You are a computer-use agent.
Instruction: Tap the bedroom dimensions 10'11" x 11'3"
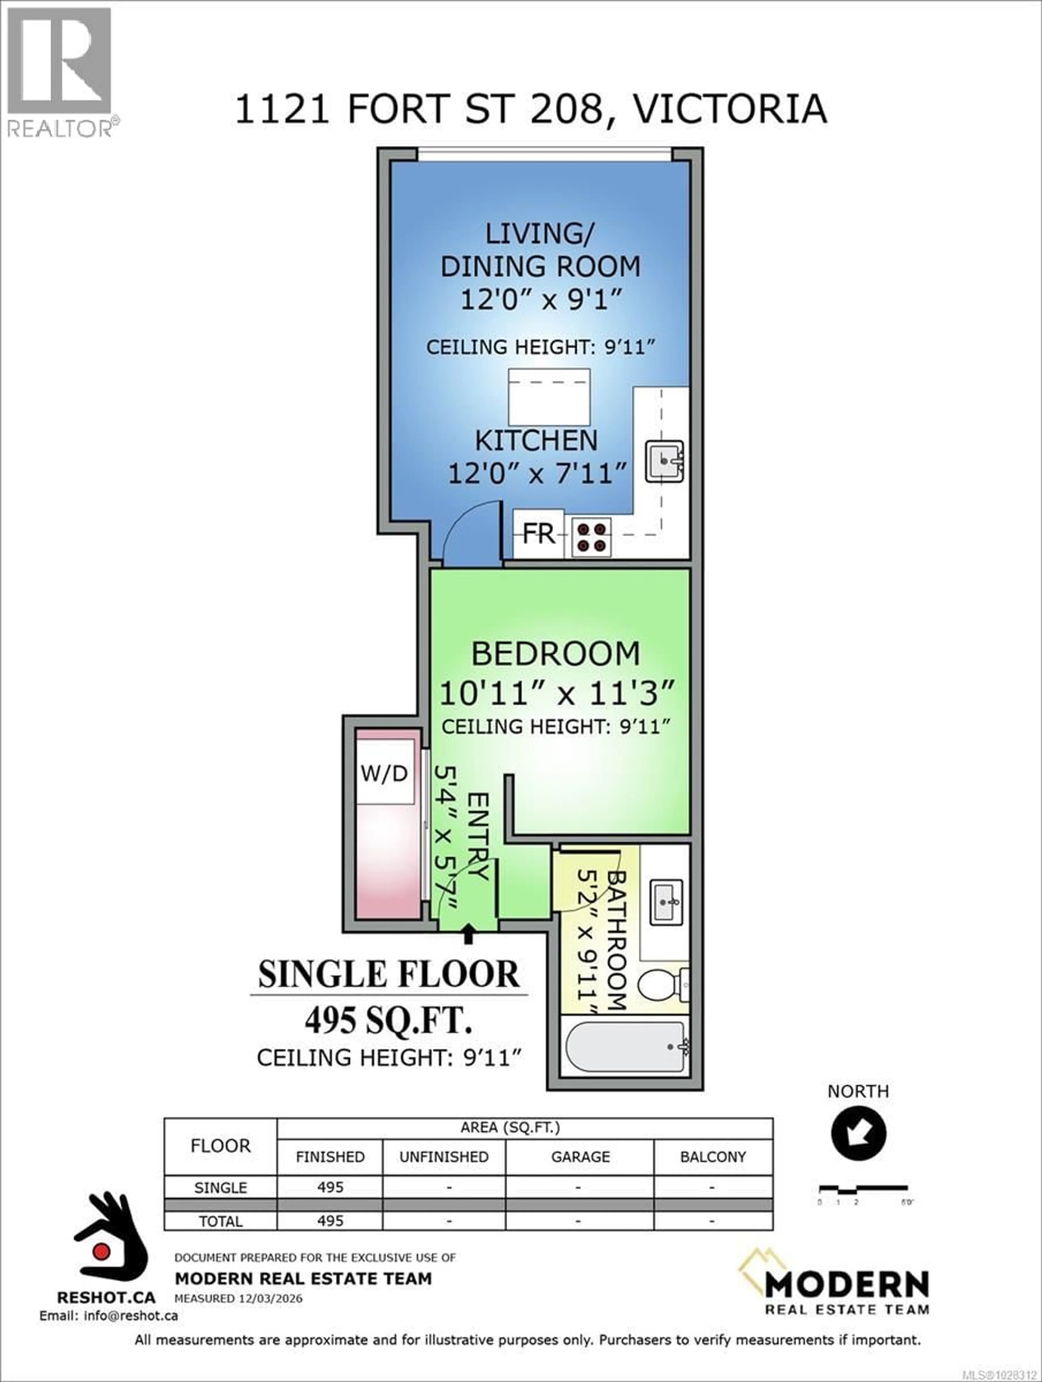click(x=557, y=693)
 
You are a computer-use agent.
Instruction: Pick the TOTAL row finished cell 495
click(x=330, y=1221)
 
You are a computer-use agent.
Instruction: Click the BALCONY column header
click(x=713, y=1157)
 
